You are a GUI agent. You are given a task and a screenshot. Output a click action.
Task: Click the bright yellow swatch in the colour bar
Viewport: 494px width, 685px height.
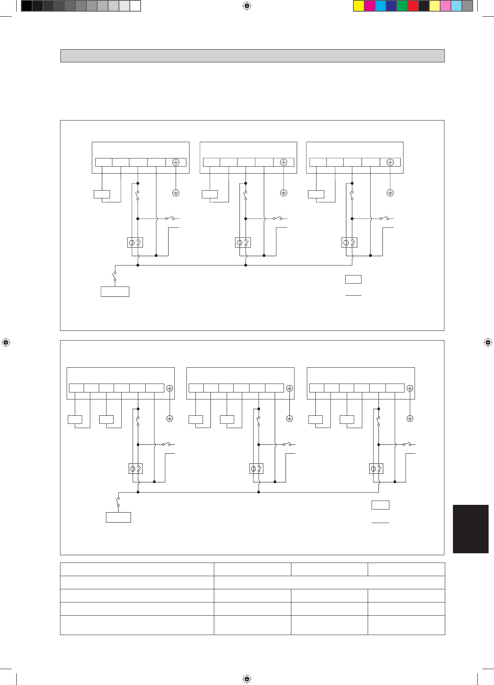click(x=359, y=6)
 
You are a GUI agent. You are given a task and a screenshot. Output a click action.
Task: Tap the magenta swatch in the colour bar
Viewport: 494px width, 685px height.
click(x=370, y=6)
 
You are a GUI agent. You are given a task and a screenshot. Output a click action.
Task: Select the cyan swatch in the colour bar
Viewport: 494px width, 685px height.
click(x=380, y=6)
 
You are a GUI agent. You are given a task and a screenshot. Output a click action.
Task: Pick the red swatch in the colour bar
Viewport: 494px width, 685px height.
click(x=413, y=6)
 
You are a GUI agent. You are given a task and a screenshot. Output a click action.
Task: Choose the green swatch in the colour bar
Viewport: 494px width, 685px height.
click(x=402, y=6)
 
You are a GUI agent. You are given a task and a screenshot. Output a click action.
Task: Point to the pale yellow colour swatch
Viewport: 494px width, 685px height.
click(x=435, y=6)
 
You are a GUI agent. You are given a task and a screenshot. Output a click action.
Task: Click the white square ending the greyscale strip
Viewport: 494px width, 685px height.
click(x=135, y=6)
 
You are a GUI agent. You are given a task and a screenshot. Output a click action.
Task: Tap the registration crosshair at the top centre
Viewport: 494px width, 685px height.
click(x=247, y=6)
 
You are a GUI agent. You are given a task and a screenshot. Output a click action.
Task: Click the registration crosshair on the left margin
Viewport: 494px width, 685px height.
click(x=5, y=342)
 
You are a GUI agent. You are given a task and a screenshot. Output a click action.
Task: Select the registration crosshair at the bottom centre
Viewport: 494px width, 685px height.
click(x=247, y=679)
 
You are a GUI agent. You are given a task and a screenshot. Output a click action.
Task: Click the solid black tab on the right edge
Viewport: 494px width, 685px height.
click(x=470, y=528)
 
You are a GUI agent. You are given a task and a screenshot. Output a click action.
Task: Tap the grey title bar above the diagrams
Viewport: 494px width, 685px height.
click(x=252, y=56)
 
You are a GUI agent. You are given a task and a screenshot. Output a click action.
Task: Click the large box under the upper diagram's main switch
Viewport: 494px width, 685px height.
click(x=115, y=291)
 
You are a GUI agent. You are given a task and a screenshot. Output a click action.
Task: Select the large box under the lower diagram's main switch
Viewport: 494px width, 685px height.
click(x=118, y=517)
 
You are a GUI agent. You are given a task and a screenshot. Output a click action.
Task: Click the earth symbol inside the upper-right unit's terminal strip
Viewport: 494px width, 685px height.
click(x=390, y=162)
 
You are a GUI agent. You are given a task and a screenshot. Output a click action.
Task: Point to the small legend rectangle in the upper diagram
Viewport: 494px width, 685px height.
click(x=353, y=279)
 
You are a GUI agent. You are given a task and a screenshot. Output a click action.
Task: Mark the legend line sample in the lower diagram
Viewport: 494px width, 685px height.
click(x=380, y=523)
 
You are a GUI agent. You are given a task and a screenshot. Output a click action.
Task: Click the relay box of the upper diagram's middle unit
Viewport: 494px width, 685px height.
click(x=243, y=243)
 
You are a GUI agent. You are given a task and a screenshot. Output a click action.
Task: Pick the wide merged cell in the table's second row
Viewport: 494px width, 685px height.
click(x=329, y=582)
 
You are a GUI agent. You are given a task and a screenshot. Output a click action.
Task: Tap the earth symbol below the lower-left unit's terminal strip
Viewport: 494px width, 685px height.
click(x=170, y=418)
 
